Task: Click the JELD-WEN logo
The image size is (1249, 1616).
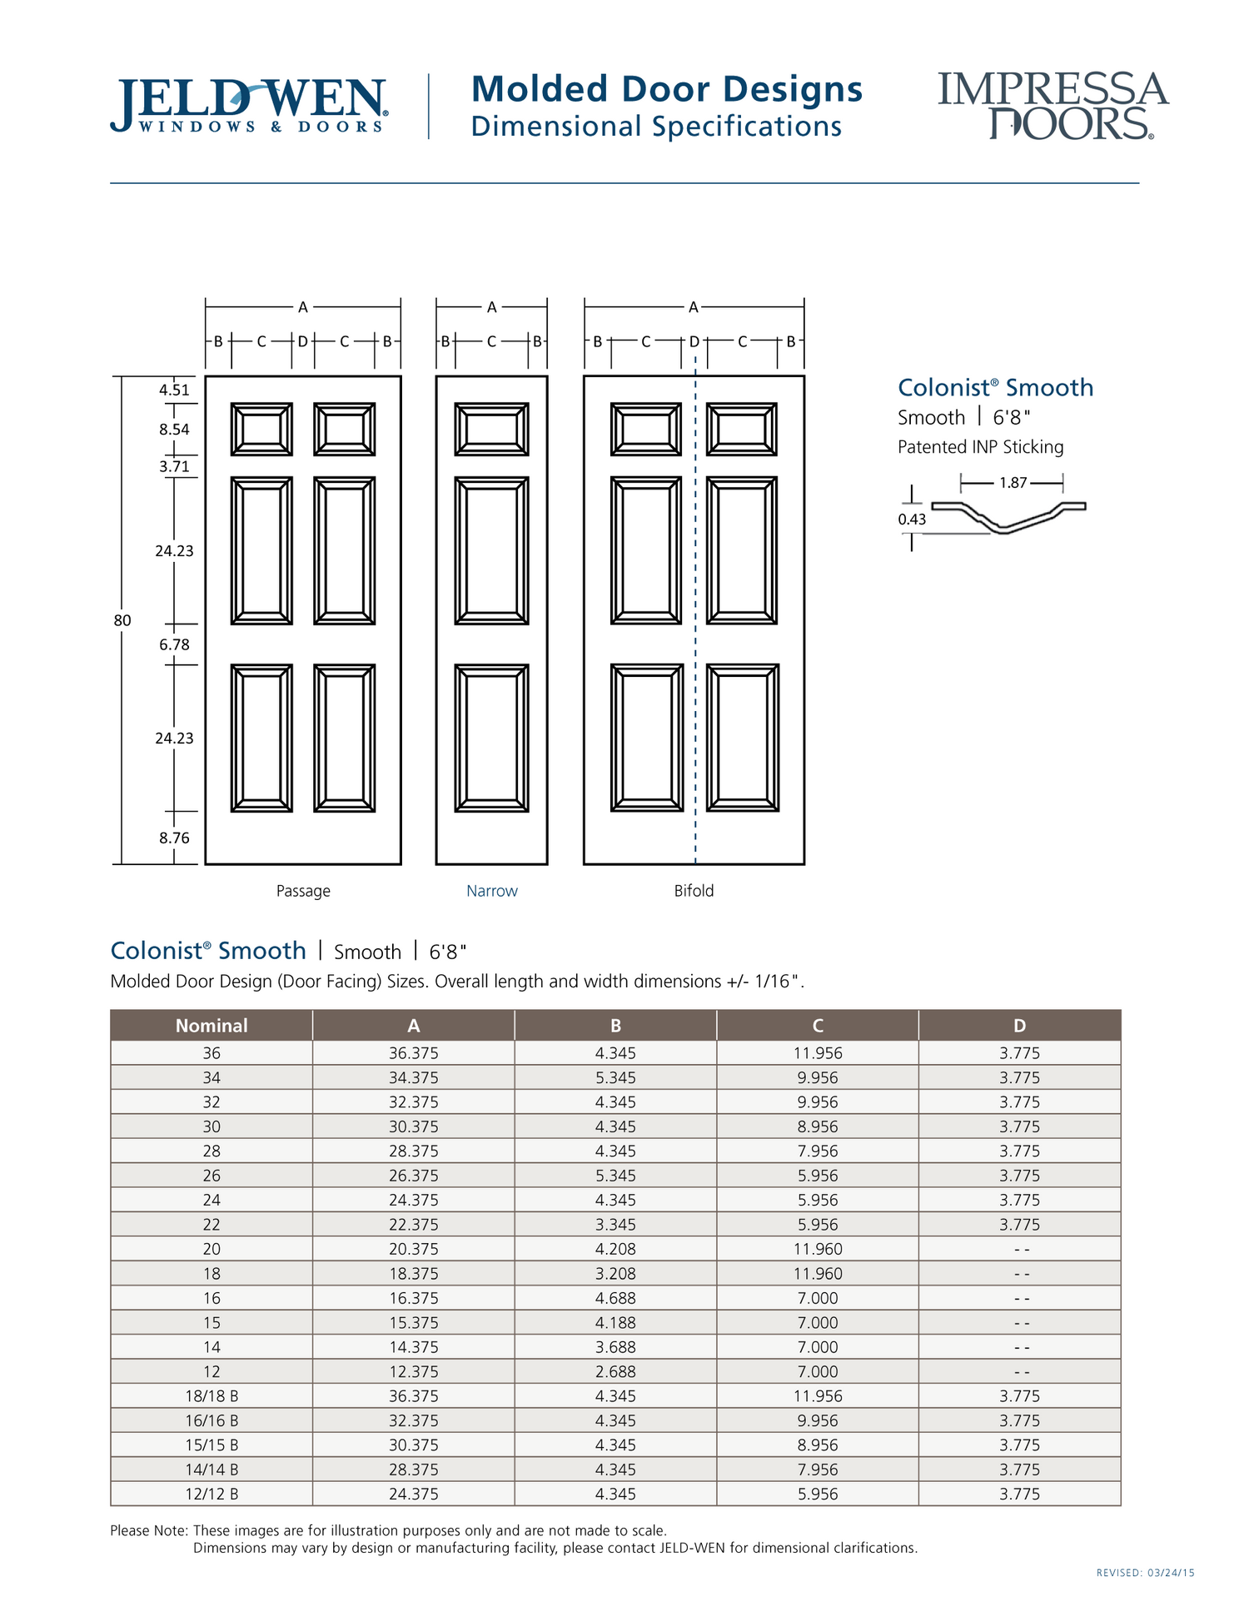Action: [x=248, y=106]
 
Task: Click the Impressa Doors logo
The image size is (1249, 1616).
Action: [x=1052, y=106]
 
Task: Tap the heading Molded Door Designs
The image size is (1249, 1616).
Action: [x=666, y=89]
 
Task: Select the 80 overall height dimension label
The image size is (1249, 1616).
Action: [x=122, y=620]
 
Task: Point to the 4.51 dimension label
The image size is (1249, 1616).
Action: [x=174, y=390]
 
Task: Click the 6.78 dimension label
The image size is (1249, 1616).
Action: [x=174, y=644]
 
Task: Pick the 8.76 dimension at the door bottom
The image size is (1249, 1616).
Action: [x=174, y=838]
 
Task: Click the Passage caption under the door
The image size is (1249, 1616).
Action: [x=303, y=891]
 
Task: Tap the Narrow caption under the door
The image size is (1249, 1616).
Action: [x=491, y=891]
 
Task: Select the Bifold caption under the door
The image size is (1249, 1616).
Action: [x=694, y=891]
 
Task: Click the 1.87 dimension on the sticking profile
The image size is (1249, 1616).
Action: [x=1013, y=483]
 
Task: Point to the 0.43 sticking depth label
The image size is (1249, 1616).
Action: [x=912, y=519]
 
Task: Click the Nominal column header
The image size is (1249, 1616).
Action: [x=211, y=1026]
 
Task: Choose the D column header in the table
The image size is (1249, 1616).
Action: [x=1019, y=1026]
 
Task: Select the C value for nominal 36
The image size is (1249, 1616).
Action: [x=818, y=1053]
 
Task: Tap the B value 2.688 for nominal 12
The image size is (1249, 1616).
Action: [x=615, y=1371]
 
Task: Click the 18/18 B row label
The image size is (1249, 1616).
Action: [x=211, y=1396]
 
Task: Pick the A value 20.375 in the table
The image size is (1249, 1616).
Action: [x=413, y=1249]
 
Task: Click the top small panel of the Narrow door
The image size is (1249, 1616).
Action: [x=491, y=430]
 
